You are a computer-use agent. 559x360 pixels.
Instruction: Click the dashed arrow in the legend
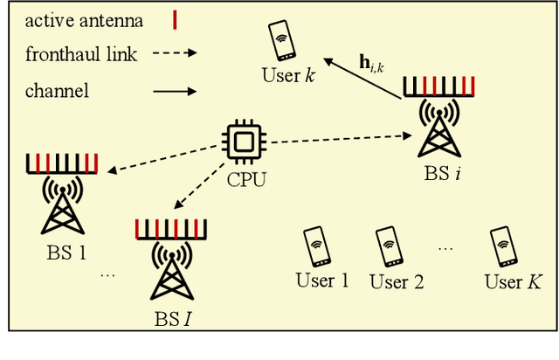coord(176,55)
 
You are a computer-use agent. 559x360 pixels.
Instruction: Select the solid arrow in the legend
coord(176,90)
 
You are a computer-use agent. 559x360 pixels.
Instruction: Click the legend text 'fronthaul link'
coord(81,55)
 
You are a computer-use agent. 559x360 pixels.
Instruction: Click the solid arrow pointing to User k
coord(362,77)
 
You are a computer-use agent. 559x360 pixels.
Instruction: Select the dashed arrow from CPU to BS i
coord(341,139)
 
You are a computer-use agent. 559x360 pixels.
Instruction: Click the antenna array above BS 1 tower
coord(62,163)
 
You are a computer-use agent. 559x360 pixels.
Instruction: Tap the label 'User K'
coord(513,281)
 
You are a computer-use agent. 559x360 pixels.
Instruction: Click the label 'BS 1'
coord(66,255)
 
